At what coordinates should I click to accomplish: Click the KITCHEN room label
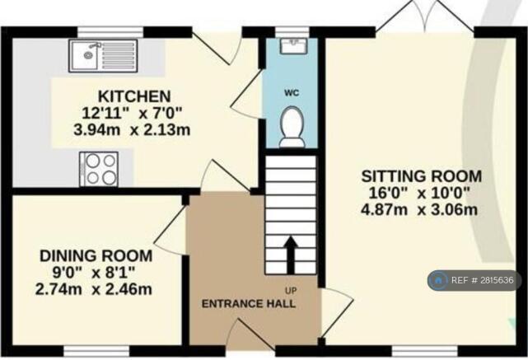(134, 96)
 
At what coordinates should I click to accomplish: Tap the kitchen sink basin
(84, 55)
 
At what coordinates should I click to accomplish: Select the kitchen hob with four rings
(99, 169)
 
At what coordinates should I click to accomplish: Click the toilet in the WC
(292, 127)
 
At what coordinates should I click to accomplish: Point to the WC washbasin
(293, 46)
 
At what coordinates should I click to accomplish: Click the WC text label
(292, 92)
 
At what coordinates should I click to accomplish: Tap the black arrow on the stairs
(291, 255)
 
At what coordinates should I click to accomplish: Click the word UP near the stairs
(291, 290)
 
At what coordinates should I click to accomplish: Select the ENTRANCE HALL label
(249, 304)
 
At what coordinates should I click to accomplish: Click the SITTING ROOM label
(421, 176)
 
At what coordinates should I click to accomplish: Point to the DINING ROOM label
(96, 256)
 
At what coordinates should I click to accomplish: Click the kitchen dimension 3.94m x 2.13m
(132, 130)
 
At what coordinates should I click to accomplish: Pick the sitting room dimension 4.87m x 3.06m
(419, 210)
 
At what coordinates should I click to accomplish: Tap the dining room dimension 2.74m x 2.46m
(94, 289)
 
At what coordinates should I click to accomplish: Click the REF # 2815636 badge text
(482, 280)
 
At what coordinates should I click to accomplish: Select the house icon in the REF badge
(438, 280)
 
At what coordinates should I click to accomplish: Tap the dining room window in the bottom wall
(96, 351)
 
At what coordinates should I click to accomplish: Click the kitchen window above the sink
(110, 32)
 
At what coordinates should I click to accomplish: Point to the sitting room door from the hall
(337, 312)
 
